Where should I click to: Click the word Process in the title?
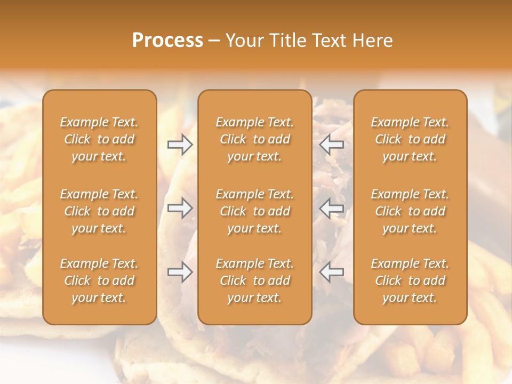(x=167, y=41)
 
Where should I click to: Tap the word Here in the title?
(x=372, y=41)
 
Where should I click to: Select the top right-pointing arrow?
(x=180, y=145)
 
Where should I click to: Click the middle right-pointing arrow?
(x=180, y=209)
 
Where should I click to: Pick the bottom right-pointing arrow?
(x=180, y=273)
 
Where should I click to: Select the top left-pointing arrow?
(x=332, y=145)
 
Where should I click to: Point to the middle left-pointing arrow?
(x=332, y=209)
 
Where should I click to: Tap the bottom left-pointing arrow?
(x=332, y=273)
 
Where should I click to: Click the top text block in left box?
(x=99, y=139)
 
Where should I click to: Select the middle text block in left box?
(x=99, y=211)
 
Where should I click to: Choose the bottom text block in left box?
(x=99, y=281)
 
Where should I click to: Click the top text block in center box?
(x=255, y=139)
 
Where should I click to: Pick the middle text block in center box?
(x=255, y=211)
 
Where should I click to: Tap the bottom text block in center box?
(x=255, y=281)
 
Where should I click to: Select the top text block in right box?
(x=410, y=139)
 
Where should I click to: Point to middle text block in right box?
(x=410, y=211)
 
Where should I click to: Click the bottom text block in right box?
(x=410, y=281)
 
